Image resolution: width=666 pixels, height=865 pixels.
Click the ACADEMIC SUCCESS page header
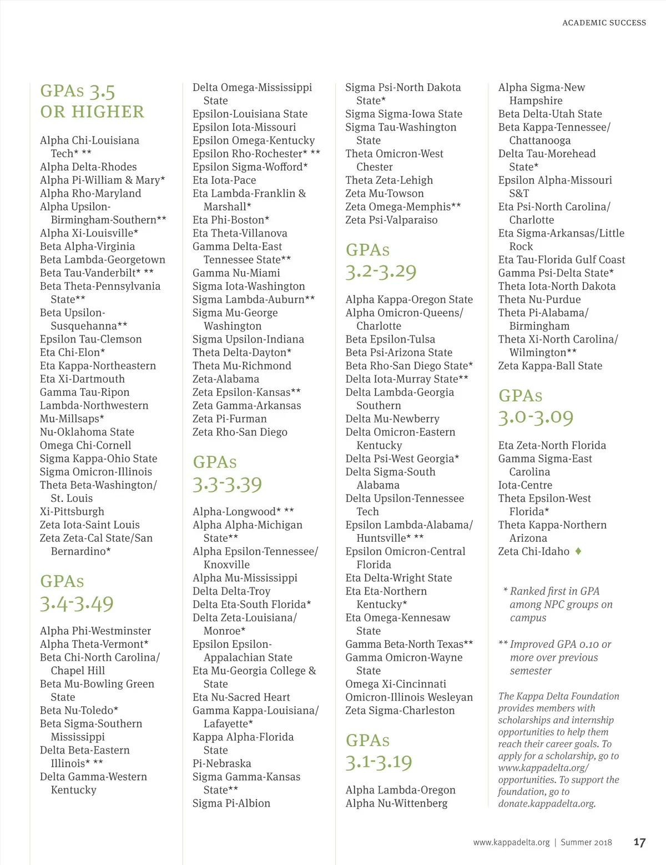point(604,23)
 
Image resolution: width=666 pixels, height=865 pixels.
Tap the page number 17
point(639,842)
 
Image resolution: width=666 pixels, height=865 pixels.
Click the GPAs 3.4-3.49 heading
point(77,592)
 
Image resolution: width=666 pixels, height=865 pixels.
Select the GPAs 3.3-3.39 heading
point(227,474)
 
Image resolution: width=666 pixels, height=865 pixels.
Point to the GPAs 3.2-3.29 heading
point(380,261)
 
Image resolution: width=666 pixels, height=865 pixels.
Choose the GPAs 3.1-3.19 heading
point(379,752)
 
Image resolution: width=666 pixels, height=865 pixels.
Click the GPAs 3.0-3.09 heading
point(536,406)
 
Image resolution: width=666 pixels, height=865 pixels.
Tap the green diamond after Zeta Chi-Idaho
point(578,551)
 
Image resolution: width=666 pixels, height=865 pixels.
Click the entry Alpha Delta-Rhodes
point(88,167)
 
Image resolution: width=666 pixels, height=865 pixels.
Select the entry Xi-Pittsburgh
point(72,511)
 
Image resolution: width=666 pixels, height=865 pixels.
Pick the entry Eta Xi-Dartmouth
point(82,379)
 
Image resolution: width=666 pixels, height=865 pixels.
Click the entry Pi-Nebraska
point(221,763)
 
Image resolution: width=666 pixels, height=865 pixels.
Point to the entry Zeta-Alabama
point(225,379)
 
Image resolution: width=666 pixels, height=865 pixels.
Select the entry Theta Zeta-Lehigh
point(389,180)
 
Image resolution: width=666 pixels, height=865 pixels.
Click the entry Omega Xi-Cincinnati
point(395,684)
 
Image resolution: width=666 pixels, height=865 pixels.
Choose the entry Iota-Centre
point(525,485)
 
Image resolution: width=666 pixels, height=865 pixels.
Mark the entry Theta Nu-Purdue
point(539,299)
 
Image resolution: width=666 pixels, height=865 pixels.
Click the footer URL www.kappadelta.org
point(511,842)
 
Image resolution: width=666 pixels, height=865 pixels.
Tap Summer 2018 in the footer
point(586,842)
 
